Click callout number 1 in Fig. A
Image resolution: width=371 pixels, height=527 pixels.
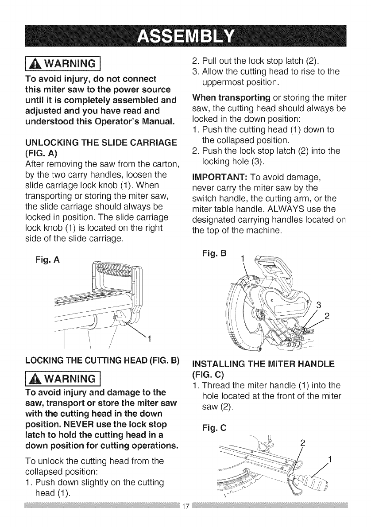pyautogui.click(x=149, y=339)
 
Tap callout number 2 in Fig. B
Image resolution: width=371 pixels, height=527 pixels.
pyautogui.click(x=327, y=316)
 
